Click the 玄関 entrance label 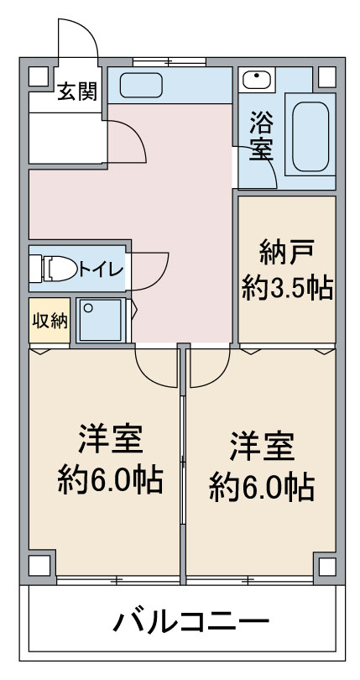(77, 92)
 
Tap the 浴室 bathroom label (261, 135)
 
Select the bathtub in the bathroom (310, 136)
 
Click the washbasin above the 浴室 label (257, 80)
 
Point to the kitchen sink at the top (141, 85)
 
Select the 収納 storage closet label (50, 321)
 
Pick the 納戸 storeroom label (286, 254)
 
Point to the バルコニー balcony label (190, 623)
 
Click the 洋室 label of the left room (111, 440)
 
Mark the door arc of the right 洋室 (218, 376)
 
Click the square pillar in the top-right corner (327, 76)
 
